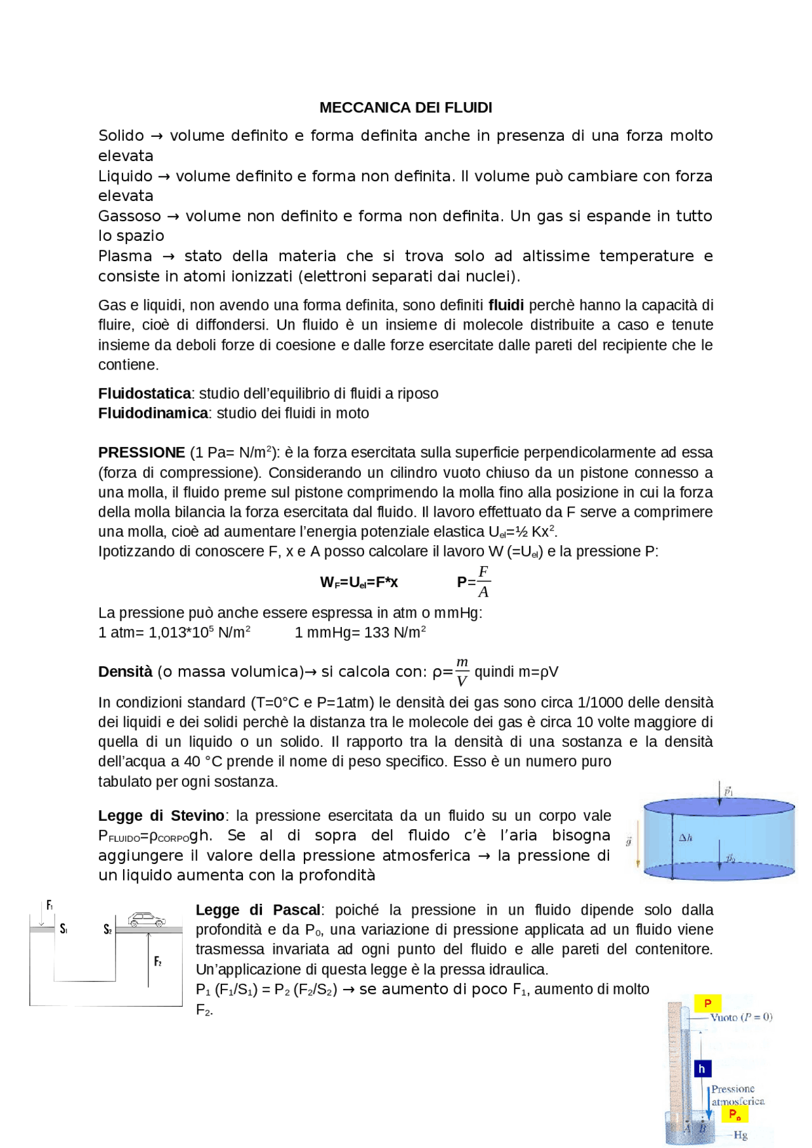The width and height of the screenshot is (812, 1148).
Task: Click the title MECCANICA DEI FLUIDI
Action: (x=405, y=108)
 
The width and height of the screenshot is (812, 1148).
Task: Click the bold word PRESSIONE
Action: (x=141, y=453)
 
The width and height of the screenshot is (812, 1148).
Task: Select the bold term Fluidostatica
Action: (x=144, y=394)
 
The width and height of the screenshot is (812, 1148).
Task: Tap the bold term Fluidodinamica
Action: (x=152, y=413)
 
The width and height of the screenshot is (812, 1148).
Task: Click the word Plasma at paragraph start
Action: (x=125, y=256)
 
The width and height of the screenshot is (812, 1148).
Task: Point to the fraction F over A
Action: (x=483, y=582)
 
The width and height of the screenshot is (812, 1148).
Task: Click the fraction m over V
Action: (x=462, y=672)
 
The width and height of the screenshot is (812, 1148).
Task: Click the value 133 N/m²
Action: (x=393, y=633)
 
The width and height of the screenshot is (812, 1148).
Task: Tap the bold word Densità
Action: (x=125, y=672)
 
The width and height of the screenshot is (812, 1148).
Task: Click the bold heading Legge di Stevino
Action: (x=161, y=816)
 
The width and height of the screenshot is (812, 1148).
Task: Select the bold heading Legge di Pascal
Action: (x=258, y=910)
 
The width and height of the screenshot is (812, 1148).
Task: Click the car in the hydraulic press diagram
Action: (x=147, y=919)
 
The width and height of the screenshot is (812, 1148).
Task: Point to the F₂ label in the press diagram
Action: (x=158, y=962)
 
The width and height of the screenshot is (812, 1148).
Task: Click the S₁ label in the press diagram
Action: (x=63, y=929)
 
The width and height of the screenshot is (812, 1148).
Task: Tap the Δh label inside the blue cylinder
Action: (x=686, y=838)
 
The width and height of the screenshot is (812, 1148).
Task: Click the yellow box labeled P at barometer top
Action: (x=707, y=1003)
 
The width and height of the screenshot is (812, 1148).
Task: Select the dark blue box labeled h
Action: (x=702, y=1069)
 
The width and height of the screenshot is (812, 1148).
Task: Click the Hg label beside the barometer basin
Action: (x=740, y=1135)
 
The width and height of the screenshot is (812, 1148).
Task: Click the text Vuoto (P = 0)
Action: (x=741, y=1017)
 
